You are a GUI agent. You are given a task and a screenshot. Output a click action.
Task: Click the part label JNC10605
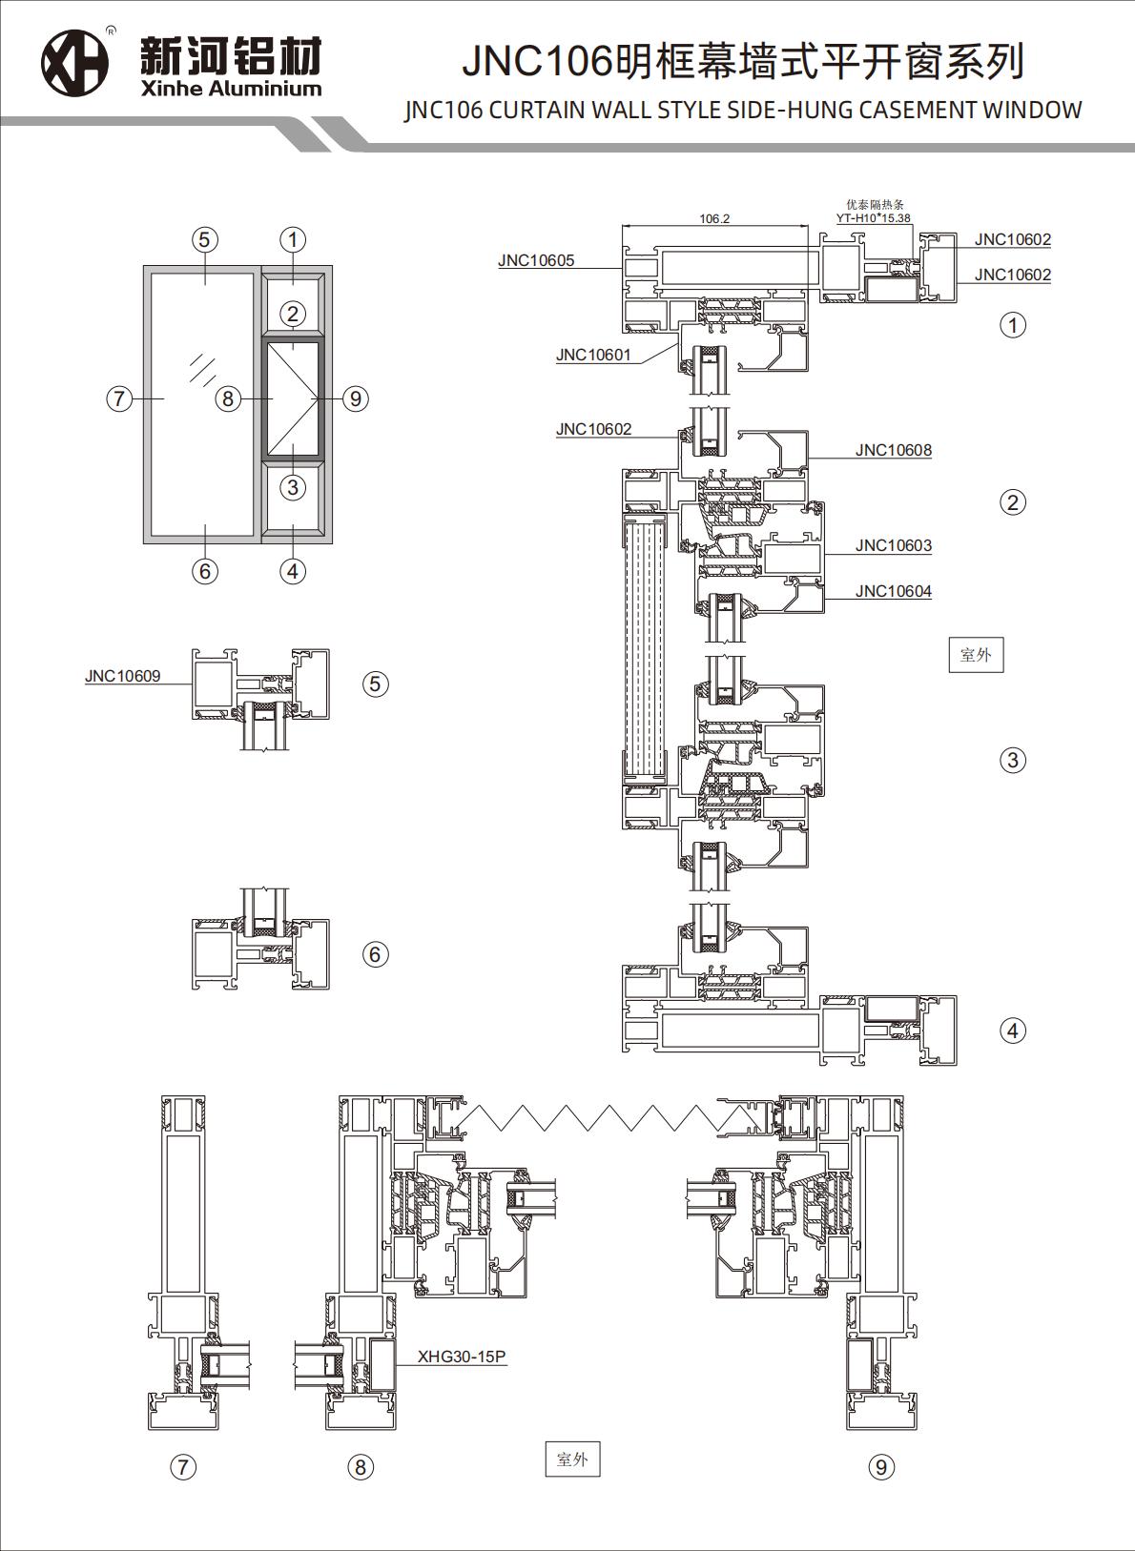(x=536, y=260)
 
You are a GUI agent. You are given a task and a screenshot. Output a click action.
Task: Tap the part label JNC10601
(x=593, y=355)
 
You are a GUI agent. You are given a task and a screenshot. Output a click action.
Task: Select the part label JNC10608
(x=893, y=450)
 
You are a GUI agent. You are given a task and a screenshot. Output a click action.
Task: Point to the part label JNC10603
(x=893, y=545)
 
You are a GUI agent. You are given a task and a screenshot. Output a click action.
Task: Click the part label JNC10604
(x=893, y=591)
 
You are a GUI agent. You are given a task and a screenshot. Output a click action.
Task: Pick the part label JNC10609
(x=122, y=676)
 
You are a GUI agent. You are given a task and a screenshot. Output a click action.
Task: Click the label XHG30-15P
(x=462, y=1357)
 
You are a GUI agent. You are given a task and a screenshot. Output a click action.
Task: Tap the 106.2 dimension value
(x=713, y=218)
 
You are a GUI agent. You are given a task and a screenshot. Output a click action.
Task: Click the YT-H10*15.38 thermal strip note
(x=873, y=217)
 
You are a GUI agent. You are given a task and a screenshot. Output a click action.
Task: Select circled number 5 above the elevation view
(x=204, y=239)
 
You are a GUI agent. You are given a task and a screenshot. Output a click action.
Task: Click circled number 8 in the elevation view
(x=227, y=398)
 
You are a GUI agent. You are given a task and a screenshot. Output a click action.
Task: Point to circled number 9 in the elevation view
(x=355, y=398)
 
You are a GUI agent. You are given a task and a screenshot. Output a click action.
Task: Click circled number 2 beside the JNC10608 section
(x=1012, y=501)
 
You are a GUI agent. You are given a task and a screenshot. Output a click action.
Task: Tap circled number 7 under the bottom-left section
(x=182, y=1466)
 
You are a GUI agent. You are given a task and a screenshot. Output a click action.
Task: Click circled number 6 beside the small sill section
(x=375, y=954)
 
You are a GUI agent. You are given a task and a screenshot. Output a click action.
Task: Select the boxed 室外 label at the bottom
(x=572, y=1459)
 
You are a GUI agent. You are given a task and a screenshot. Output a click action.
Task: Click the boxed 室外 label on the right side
(x=976, y=654)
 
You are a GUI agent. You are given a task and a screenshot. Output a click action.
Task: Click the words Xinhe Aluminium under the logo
(x=231, y=89)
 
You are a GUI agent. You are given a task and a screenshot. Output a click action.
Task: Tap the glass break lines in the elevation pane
(x=201, y=369)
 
